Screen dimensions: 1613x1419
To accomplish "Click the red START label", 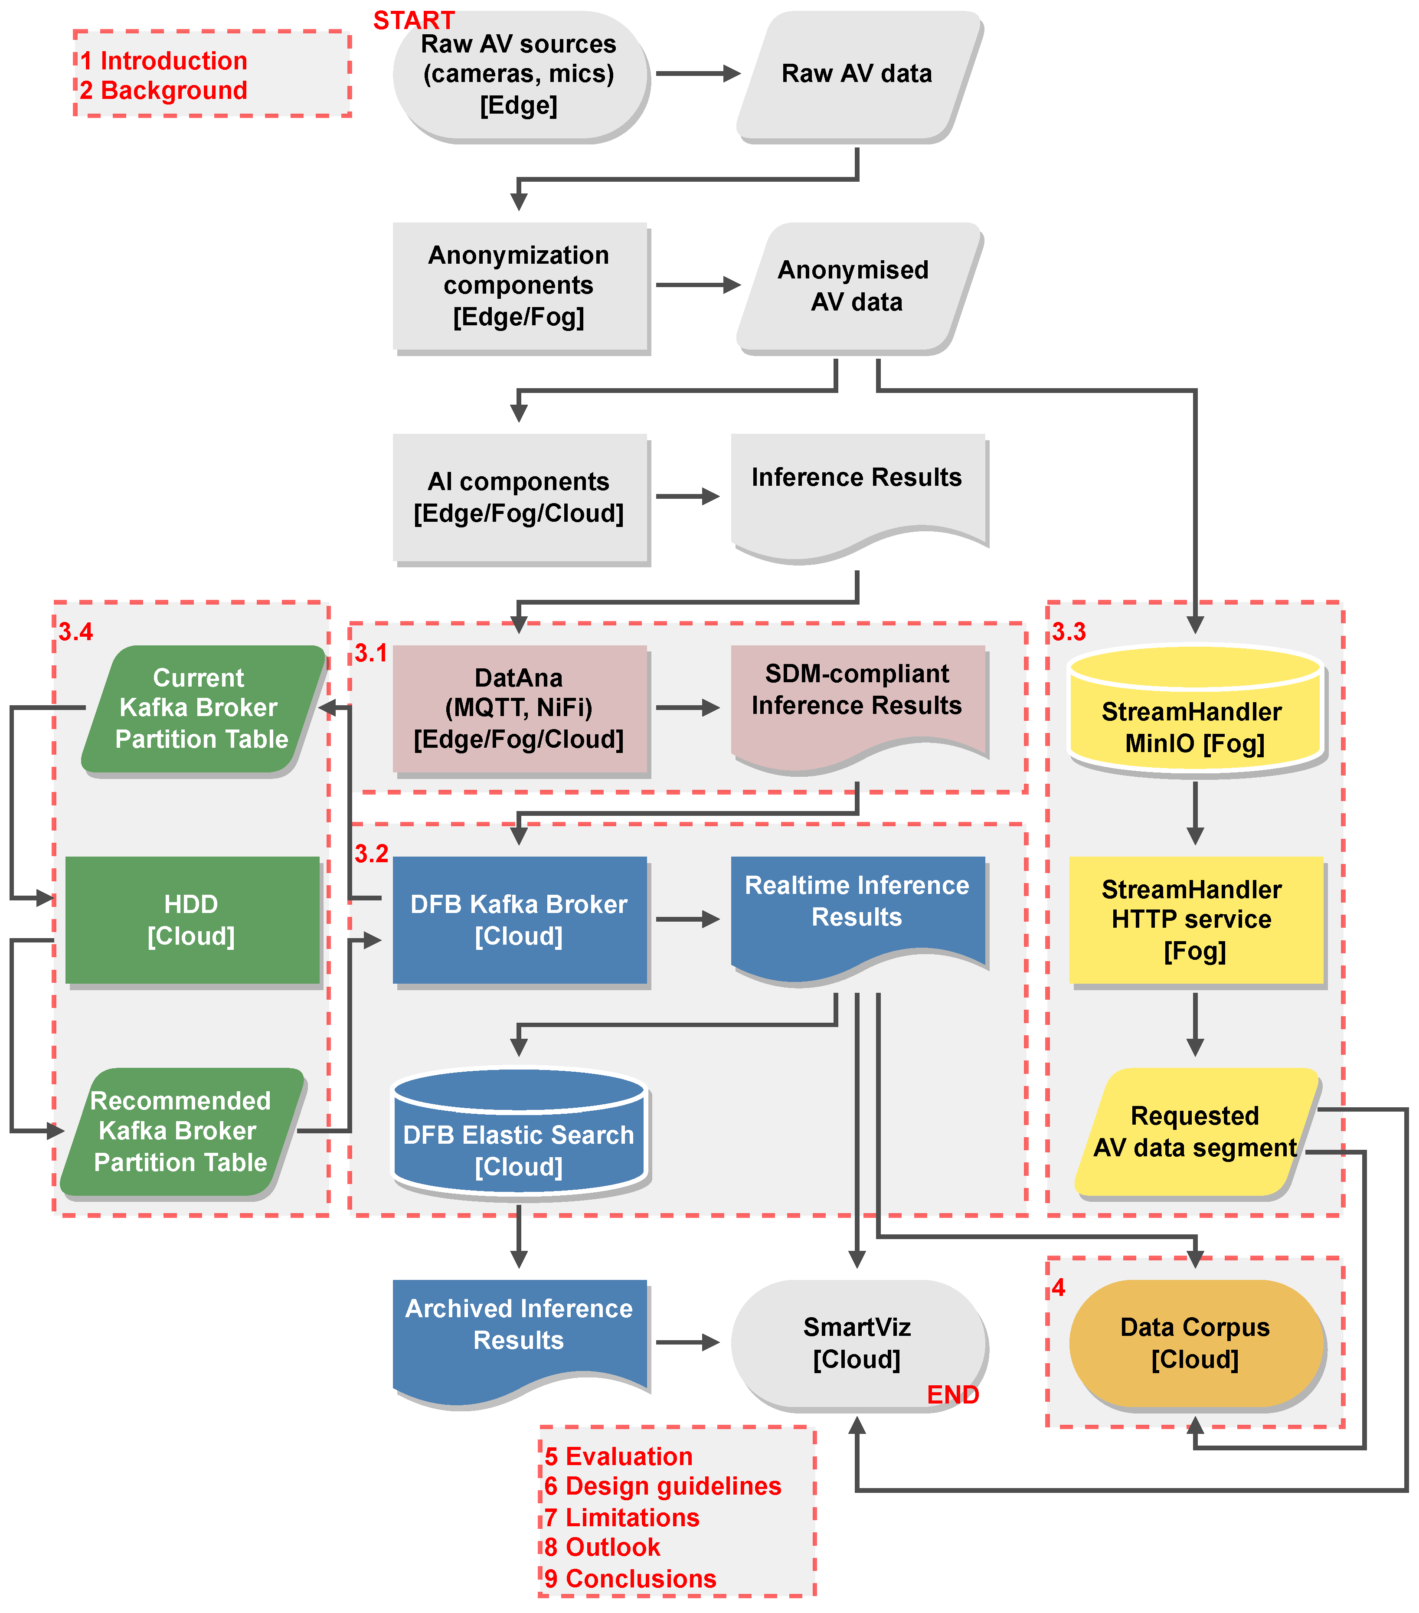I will pyautogui.click(x=414, y=20).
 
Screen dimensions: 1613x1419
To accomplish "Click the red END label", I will pyautogui.click(x=952, y=1394).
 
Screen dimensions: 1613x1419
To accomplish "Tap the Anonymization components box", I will pyautogui.click(x=519, y=286).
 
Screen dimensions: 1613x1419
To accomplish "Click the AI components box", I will pyautogui.click(x=519, y=497).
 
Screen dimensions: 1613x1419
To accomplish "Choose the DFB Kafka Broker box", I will pyautogui.click(x=519, y=919).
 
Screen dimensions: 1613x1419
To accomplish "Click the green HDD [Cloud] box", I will pyautogui.click(x=192, y=919).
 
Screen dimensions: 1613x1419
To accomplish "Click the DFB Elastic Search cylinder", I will pyautogui.click(x=519, y=1136).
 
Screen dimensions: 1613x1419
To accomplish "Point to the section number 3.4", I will pyautogui.click(x=76, y=631).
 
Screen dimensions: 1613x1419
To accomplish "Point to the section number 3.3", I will pyautogui.click(x=1069, y=631).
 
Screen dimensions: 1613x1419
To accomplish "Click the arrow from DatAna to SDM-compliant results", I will pyautogui.click(x=685, y=708).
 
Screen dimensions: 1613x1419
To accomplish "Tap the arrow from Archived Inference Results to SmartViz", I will pyautogui.click(x=685, y=1342).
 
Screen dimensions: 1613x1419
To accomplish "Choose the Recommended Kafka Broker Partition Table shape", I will pyautogui.click(x=182, y=1131).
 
